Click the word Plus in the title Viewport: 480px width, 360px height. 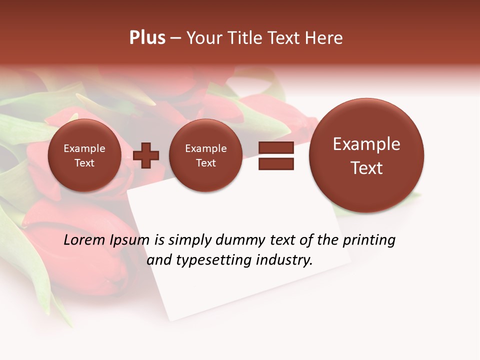(x=147, y=37)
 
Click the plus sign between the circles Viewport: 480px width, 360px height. (x=146, y=155)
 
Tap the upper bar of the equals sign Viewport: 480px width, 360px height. (x=276, y=148)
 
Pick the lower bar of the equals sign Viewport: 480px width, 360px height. (x=276, y=163)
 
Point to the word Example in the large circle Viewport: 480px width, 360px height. (x=366, y=144)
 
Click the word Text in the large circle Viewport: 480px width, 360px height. (x=366, y=168)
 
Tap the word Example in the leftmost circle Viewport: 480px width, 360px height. (x=84, y=148)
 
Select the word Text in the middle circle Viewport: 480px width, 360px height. (x=205, y=163)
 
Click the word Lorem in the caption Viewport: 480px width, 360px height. (x=84, y=240)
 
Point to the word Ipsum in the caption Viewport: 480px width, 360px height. (x=129, y=240)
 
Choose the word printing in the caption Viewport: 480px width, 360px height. (x=369, y=240)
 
